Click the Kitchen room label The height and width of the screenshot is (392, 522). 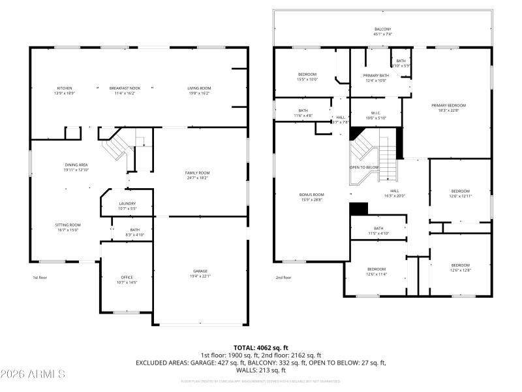(64, 88)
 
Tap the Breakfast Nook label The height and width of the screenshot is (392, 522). (122, 88)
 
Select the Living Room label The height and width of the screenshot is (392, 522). (199, 88)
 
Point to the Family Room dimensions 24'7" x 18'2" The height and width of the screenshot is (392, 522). (197, 177)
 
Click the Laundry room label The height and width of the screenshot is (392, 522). (127, 203)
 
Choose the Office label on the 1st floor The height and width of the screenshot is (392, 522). (127, 277)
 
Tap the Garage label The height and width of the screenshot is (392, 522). (200, 271)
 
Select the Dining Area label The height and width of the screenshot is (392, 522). (76, 165)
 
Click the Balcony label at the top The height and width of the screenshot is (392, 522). (383, 29)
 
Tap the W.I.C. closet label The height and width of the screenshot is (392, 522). (375, 113)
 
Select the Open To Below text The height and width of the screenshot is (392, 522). (364, 167)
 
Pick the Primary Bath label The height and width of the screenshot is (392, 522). (375, 76)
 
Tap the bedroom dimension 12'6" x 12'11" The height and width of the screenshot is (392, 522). (460, 196)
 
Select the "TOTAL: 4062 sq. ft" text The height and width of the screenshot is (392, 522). (260, 348)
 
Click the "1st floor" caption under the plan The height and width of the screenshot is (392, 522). (40, 278)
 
